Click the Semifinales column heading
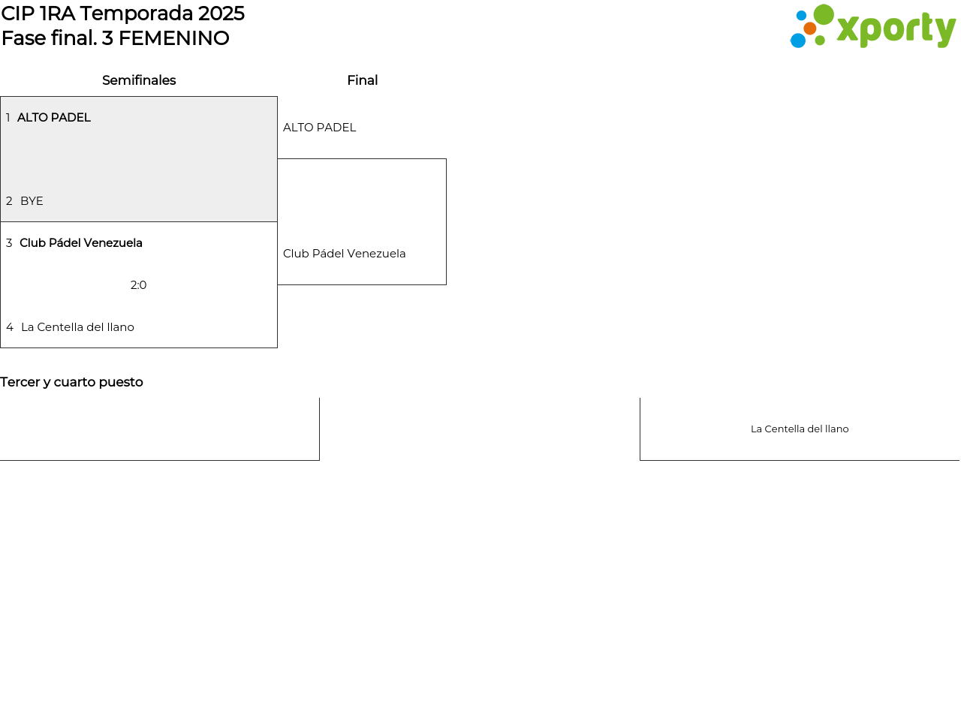pyautogui.click(x=139, y=80)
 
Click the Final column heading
pyautogui.click(x=362, y=80)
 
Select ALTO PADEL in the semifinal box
pyautogui.click(x=54, y=117)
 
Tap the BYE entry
pyautogui.click(x=32, y=201)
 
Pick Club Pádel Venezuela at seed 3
pyautogui.click(x=81, y=243)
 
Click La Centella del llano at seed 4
pyautogui.click(x=77, y=327)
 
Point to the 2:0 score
pyautogui.click(x=138, y=285)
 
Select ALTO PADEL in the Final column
pyautogui.click(x=319, y=128)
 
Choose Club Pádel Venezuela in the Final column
pyautogui.click(x=344, y=254)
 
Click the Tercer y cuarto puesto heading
pyautogui.click(x=71, y=382)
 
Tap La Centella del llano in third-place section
pyautogui.click(x=800, y=429)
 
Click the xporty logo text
pyautogui.click(x=896, y=29)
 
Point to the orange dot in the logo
pyautogui.click(x=810, y=29)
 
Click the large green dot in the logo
pyautogui.click(x=824, y=14)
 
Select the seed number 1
pyautogui.click(x=8, y=117)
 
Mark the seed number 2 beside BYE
pyautogui.click(x=9, y=201)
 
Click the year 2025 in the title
pyautogui.click(x=221, y=14)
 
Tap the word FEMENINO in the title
pyautogui.click(x=173, y=38)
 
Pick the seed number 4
pyautogui.click(x=10, y=327)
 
